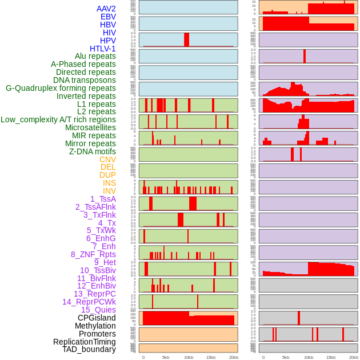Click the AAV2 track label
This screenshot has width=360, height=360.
click(106, 9)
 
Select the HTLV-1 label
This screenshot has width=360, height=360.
click(103, 49)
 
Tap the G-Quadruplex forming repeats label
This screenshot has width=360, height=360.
click(61, 88)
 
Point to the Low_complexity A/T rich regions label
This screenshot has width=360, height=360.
click(58, 119)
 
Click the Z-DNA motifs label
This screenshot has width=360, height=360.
click(93, 151)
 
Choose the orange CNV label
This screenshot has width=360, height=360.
click(107, 159)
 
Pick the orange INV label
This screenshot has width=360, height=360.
click(109, 191)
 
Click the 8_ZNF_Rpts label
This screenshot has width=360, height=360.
click(93, 254)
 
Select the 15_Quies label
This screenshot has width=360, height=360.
click(98, 310)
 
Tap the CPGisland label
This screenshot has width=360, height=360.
click(97, 318)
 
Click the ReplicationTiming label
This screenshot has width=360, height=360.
click(85, 342)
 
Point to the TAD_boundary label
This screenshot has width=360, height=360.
click(89, 349)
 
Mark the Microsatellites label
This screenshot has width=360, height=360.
click(90, 127)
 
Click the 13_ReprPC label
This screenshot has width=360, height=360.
click(94, 294)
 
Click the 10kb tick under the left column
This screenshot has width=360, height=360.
click(189, 357)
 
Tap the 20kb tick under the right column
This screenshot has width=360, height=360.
click(353, 357)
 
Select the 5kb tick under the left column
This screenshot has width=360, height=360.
click(166, 357)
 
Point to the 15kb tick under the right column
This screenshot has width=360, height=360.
click(331, 357)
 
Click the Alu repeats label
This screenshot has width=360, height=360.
click(95, 56)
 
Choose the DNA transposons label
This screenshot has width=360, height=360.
click(85, 80)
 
